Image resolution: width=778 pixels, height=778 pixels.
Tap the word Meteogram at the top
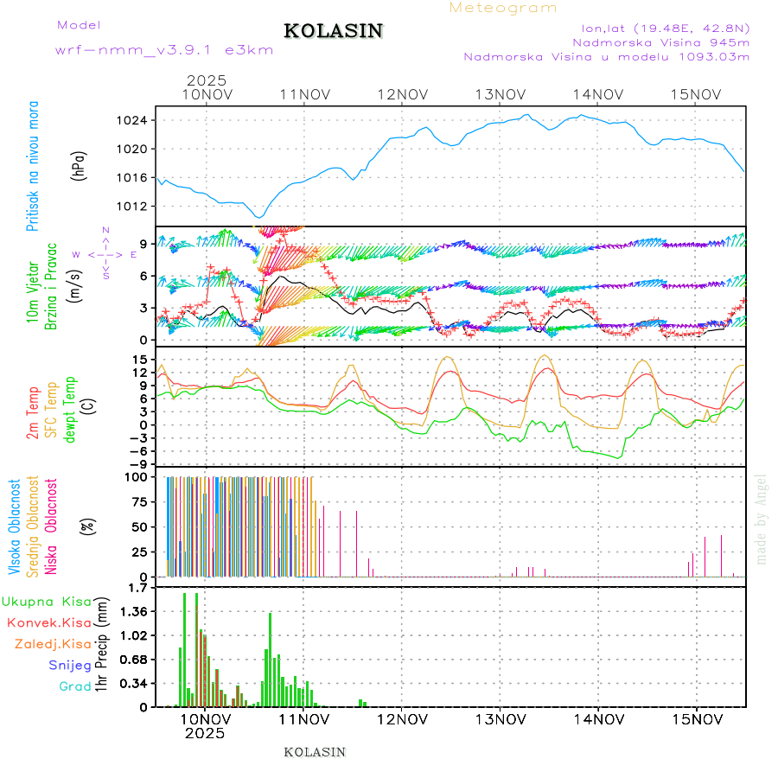503,8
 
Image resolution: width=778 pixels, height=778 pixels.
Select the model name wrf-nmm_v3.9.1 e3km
163,50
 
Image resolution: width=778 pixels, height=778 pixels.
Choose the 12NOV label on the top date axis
404,94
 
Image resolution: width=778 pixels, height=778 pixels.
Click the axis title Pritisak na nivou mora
33,166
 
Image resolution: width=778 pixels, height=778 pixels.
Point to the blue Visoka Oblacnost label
15,527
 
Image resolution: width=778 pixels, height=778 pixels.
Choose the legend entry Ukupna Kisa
47,602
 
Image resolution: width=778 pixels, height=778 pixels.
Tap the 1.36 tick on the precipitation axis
134,611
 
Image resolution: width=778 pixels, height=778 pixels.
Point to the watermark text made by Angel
762,519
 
